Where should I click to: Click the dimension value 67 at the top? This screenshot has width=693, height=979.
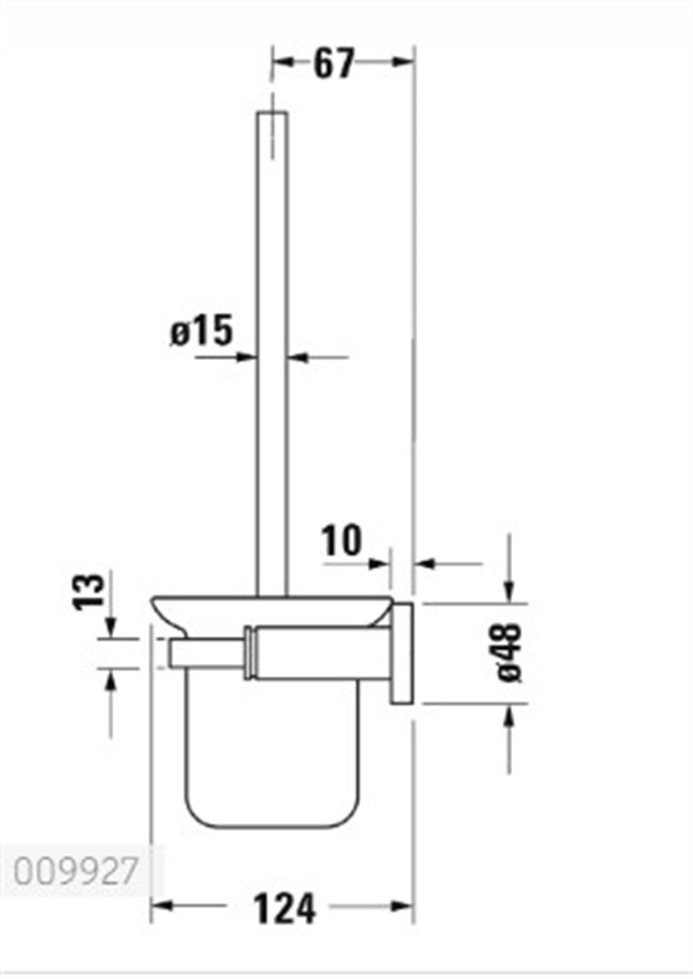point(333,63)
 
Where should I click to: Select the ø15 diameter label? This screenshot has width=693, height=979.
point(202,331)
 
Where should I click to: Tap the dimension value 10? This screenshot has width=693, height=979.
point(342,541)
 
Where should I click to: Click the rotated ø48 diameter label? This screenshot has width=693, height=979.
point(509,652)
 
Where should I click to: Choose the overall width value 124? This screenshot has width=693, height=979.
point(284,909)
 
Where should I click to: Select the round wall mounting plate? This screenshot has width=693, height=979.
point(403,653)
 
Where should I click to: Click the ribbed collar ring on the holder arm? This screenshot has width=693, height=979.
point(250,652)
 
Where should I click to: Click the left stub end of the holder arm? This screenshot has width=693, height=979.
point(173,653)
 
